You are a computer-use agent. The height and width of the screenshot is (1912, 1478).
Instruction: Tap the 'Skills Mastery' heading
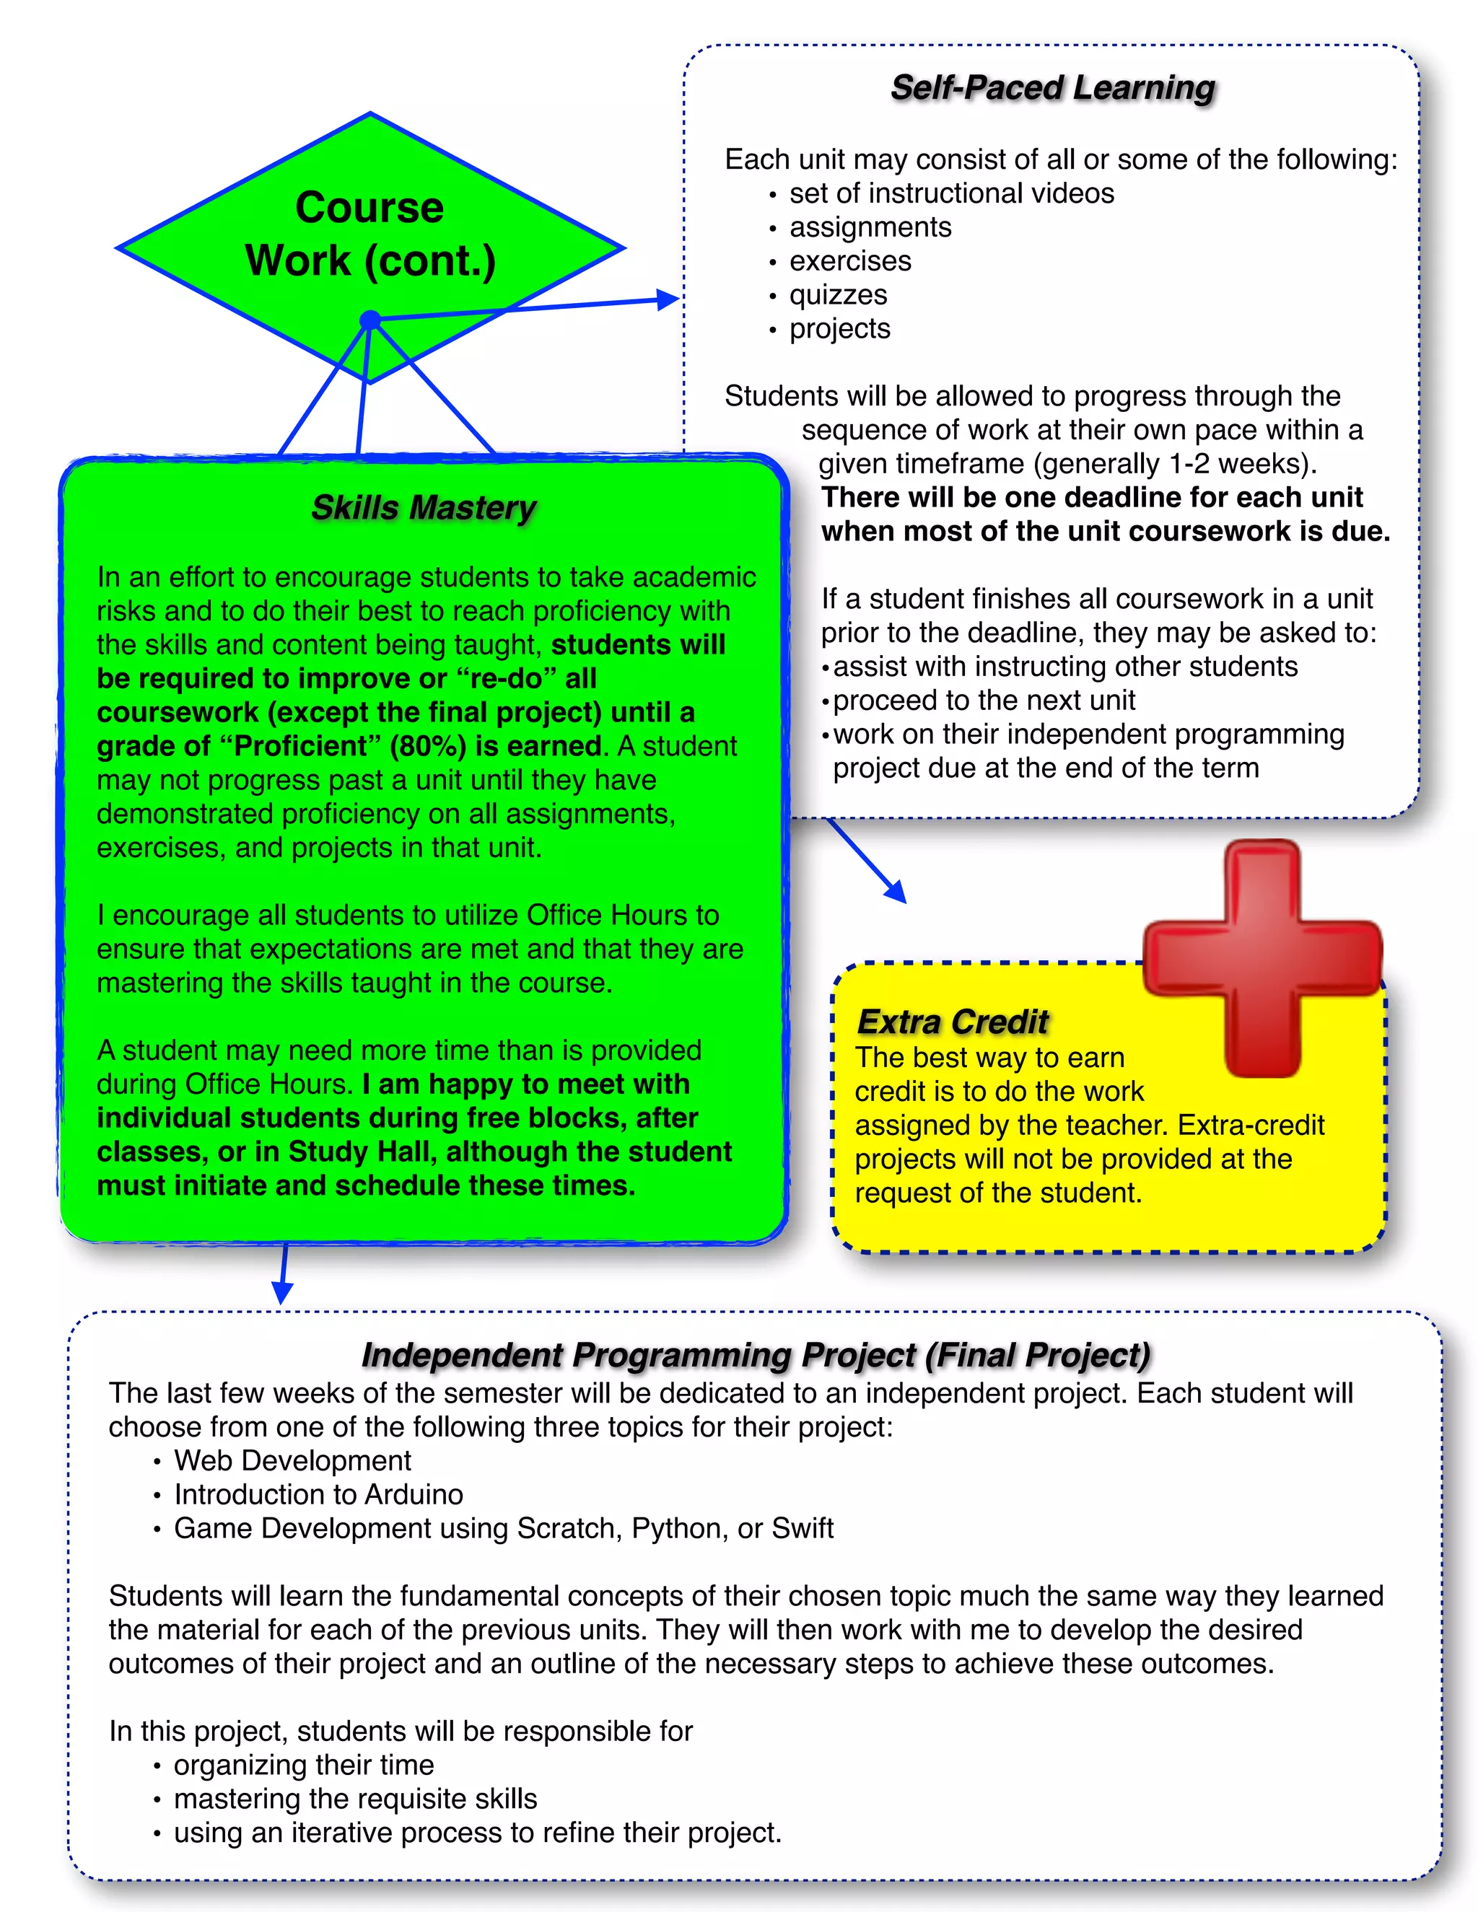pyautogui.click(x=424, y=508)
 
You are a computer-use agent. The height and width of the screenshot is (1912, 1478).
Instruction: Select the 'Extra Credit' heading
pyautogui.click(x=953, y=1022)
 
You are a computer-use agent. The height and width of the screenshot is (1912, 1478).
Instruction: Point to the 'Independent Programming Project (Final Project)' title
pyautogui.click(x=756, y=1354)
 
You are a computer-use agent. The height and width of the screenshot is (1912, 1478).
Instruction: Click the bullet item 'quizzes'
pyautogui.click(x=838, y=295)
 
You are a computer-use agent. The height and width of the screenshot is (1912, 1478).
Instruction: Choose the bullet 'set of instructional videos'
pyautogui.click(x=951, y=193)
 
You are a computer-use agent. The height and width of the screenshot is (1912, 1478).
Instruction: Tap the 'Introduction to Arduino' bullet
pyautogui.click(x=318, y=1494)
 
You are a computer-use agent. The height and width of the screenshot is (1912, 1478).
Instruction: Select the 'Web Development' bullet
pyautogui.click(x=292, y=1460)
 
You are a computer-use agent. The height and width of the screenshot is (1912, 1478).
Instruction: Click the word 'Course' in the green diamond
pyautogui.click(x=369, y=208)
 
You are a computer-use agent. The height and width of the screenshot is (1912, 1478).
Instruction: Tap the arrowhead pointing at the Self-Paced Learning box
pyautogui.click(x=669, y=299)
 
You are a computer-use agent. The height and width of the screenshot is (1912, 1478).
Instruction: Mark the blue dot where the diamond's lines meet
pyautogui.click(x=370, y=320)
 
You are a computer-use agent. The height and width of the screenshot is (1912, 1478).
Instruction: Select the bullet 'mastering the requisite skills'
pyautogui.click(x=354, y=1799)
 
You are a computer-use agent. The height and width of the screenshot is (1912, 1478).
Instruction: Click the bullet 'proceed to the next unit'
pyautogui.click(x=984, y=701)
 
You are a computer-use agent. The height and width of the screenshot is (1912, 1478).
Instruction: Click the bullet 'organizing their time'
pyautogui.click(x=303, y=1765)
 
